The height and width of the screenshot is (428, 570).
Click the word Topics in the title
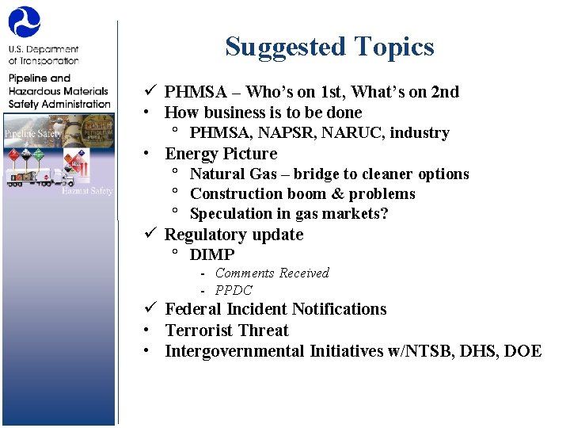coord(394,47)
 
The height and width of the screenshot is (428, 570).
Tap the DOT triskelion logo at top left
coord(24,21)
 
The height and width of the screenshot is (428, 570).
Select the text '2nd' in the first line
coord(443,92)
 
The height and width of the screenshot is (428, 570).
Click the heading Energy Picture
coord(221,154)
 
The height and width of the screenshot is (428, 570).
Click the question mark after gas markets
coord(385,214)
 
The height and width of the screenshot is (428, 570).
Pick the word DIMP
coord(212,254)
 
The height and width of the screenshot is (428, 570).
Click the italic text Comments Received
coord(272,273)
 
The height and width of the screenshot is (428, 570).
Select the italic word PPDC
coord(234,290)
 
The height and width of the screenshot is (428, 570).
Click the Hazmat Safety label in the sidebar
coord(88,190)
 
